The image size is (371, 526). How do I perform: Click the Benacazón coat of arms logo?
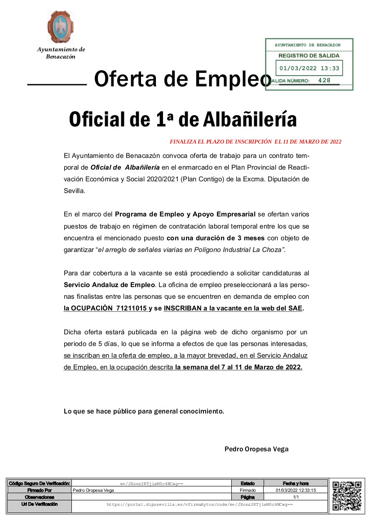point(61,27)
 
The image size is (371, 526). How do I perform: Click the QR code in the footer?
point(347,495)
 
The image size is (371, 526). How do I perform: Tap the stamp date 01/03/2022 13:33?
point(309,68)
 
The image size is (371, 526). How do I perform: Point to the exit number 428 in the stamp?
point(324,81)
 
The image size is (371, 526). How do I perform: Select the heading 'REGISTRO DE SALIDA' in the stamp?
point(309,56)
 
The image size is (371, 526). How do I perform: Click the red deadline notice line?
point(256,142)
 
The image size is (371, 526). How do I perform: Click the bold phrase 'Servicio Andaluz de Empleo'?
point(109,285)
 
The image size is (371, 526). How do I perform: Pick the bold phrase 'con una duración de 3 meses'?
point(216,238)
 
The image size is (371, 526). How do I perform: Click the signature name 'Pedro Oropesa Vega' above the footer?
point(256,449)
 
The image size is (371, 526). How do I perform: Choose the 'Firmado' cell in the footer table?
point(247,490)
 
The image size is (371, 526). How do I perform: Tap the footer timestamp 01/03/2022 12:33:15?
point(296,490)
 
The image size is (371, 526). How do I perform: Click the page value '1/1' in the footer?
point(296,497)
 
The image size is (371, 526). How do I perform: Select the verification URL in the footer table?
point(199,505)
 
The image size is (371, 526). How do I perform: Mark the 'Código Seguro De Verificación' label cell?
point(40,483)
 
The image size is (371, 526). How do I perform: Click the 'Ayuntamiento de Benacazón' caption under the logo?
point(61,53)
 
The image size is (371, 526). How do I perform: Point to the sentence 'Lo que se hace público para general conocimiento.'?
point(144,411)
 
